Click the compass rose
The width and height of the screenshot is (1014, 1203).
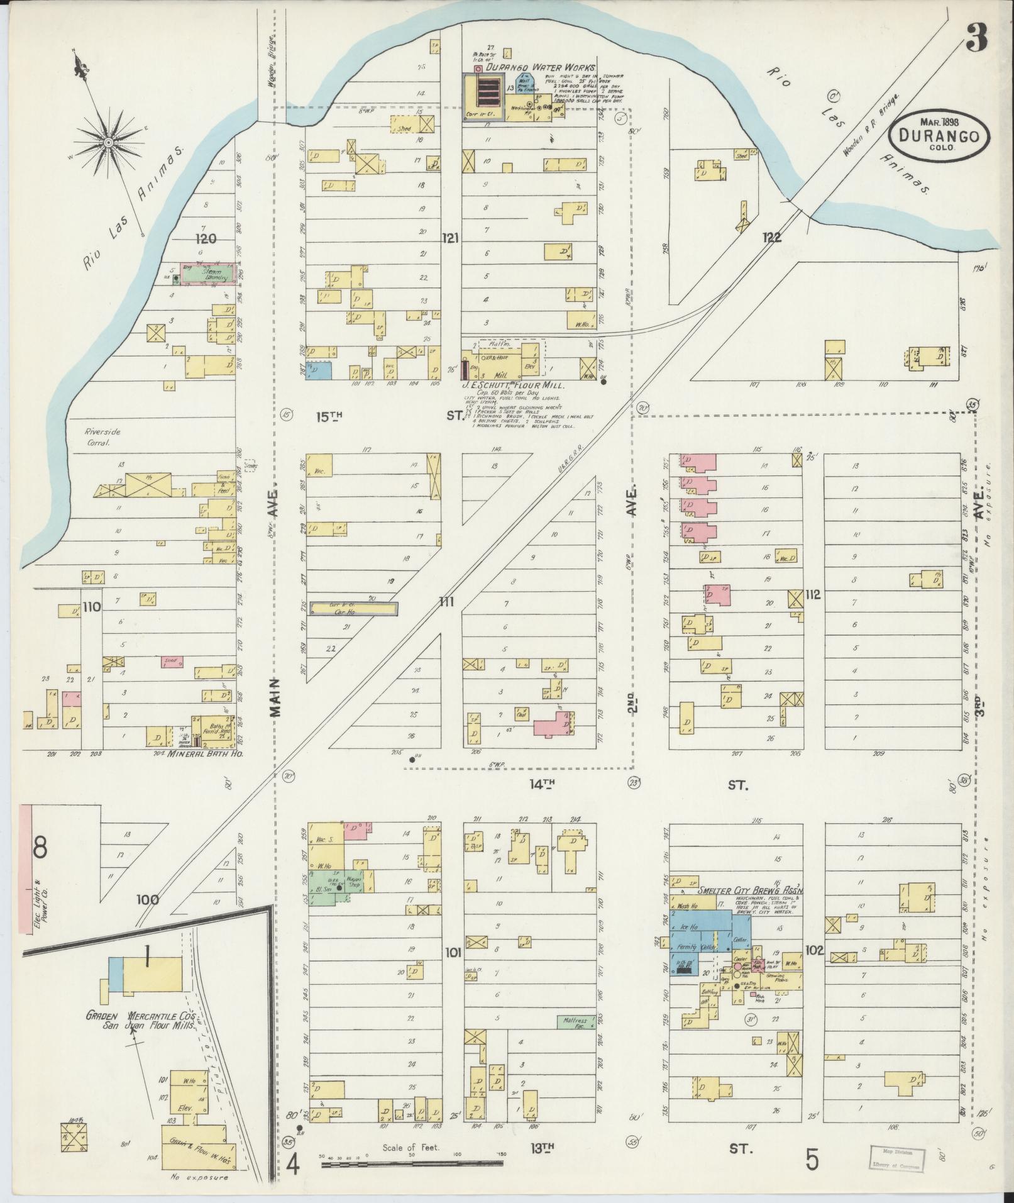click(109, 143)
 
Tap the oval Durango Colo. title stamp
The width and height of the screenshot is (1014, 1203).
click(940, 136)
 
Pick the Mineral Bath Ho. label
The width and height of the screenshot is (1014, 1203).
click(199, 753)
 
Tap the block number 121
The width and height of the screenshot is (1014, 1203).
click(450, 238)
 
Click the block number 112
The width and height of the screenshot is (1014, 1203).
click(813, 594)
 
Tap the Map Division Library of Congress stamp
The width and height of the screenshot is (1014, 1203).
click(897, 1157)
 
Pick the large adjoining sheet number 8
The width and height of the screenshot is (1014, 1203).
click(40, 849)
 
